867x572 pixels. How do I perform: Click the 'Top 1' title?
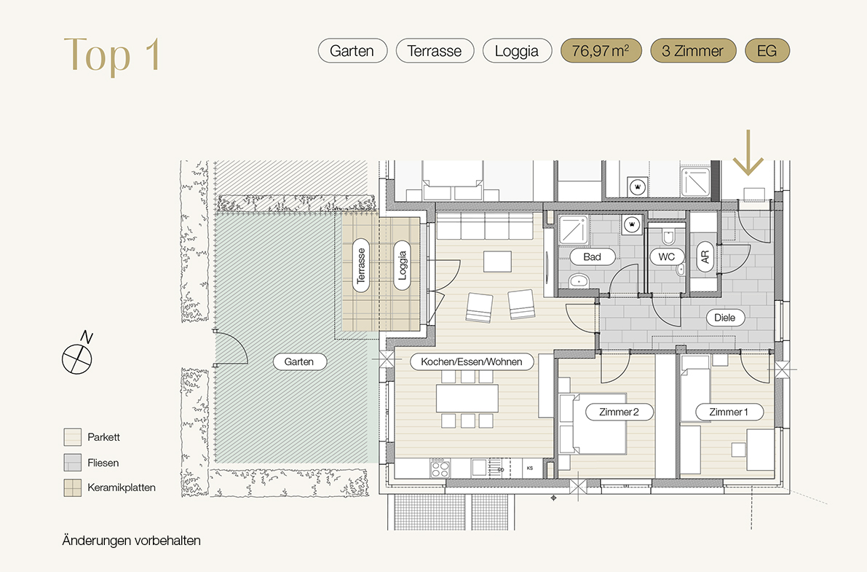[x=112, y=54]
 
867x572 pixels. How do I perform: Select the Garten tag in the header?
[x=352, y=51]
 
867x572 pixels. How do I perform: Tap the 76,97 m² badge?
[x=601, y=51]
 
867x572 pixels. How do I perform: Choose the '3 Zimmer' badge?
[x=693, y=51]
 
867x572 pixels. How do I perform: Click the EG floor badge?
[x=767, y=51]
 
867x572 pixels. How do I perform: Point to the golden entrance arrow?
[x=748, y=153]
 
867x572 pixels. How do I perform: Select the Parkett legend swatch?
[x=73, y=437]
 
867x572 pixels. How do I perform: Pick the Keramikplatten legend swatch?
[x=73, y=487]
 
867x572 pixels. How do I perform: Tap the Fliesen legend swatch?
[x=73, y=463]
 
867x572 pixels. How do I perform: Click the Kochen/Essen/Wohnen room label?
[x=472, y=361]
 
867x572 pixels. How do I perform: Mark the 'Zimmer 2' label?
[x=619, y=412]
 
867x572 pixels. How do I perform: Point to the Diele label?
[x=725, y=318]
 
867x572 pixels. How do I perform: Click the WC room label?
[x=667, y=257]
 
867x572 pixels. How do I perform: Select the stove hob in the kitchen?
[x=440, y=469]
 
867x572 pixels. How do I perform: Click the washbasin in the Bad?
[x=579, y=281]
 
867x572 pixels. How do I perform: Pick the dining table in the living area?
[x=467, y=398]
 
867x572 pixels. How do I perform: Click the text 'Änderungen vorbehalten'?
[x=132, y=541]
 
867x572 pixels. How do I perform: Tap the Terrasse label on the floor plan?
[x=361, y=266]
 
